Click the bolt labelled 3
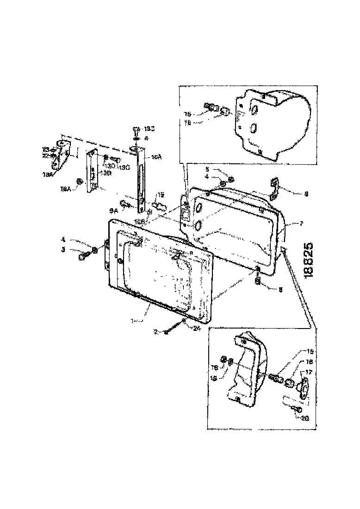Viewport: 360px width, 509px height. coord(84,254)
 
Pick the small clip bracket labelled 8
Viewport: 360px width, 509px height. coord(273,190)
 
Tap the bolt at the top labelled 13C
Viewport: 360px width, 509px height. coord(136,129)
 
